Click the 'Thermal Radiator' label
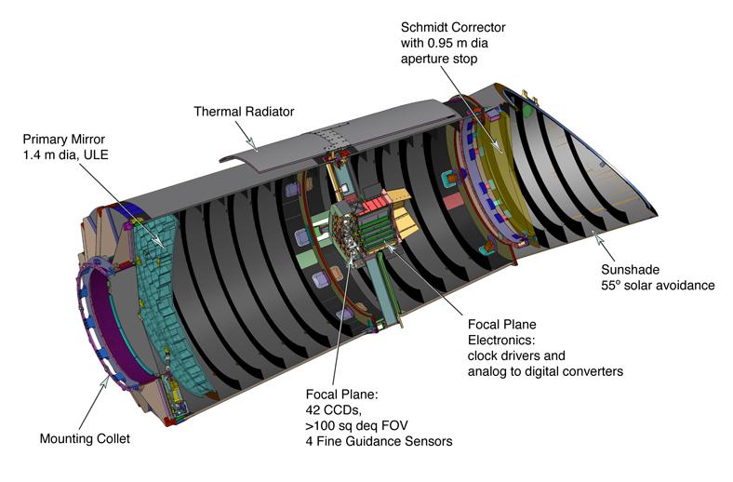click(244, 112)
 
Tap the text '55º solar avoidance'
click(657, 285)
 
